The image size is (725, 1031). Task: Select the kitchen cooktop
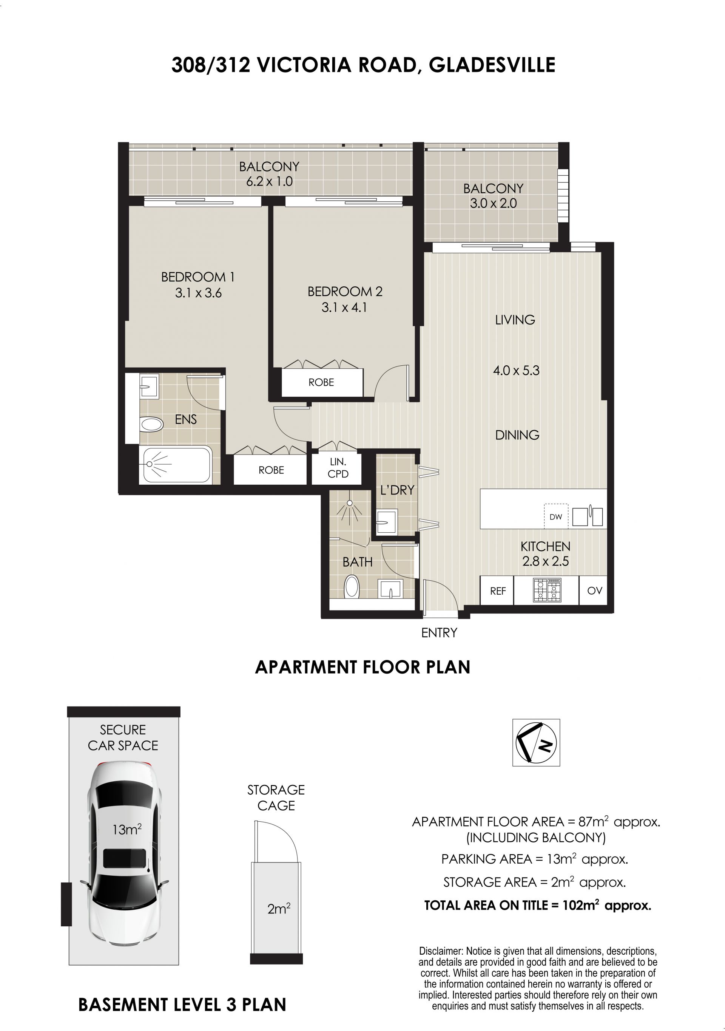[x=547, y=590]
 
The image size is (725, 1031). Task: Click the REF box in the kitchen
[x=498, y=591]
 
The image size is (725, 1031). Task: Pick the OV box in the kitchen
[x=594, y=591]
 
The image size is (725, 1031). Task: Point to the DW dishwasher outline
[x=556, y=516]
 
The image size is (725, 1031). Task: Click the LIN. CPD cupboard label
[x=338, y=467]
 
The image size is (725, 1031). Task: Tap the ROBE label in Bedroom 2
[x=321, y=382]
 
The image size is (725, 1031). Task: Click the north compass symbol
[x=536, y=742]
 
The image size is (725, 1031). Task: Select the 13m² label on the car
[x=127, y=829]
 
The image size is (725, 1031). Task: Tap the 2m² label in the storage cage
[x=279, y=909]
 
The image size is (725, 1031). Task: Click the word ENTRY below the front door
[x=439, y=633]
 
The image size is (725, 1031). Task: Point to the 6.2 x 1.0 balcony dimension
[x=269, y=181]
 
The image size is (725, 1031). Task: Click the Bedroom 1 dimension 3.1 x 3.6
[x=198, y=293]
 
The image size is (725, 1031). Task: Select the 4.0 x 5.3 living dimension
[x=516, y=371]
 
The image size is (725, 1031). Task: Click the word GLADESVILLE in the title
[x=492, y=65]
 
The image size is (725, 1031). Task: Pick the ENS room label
[x=186, y=419]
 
